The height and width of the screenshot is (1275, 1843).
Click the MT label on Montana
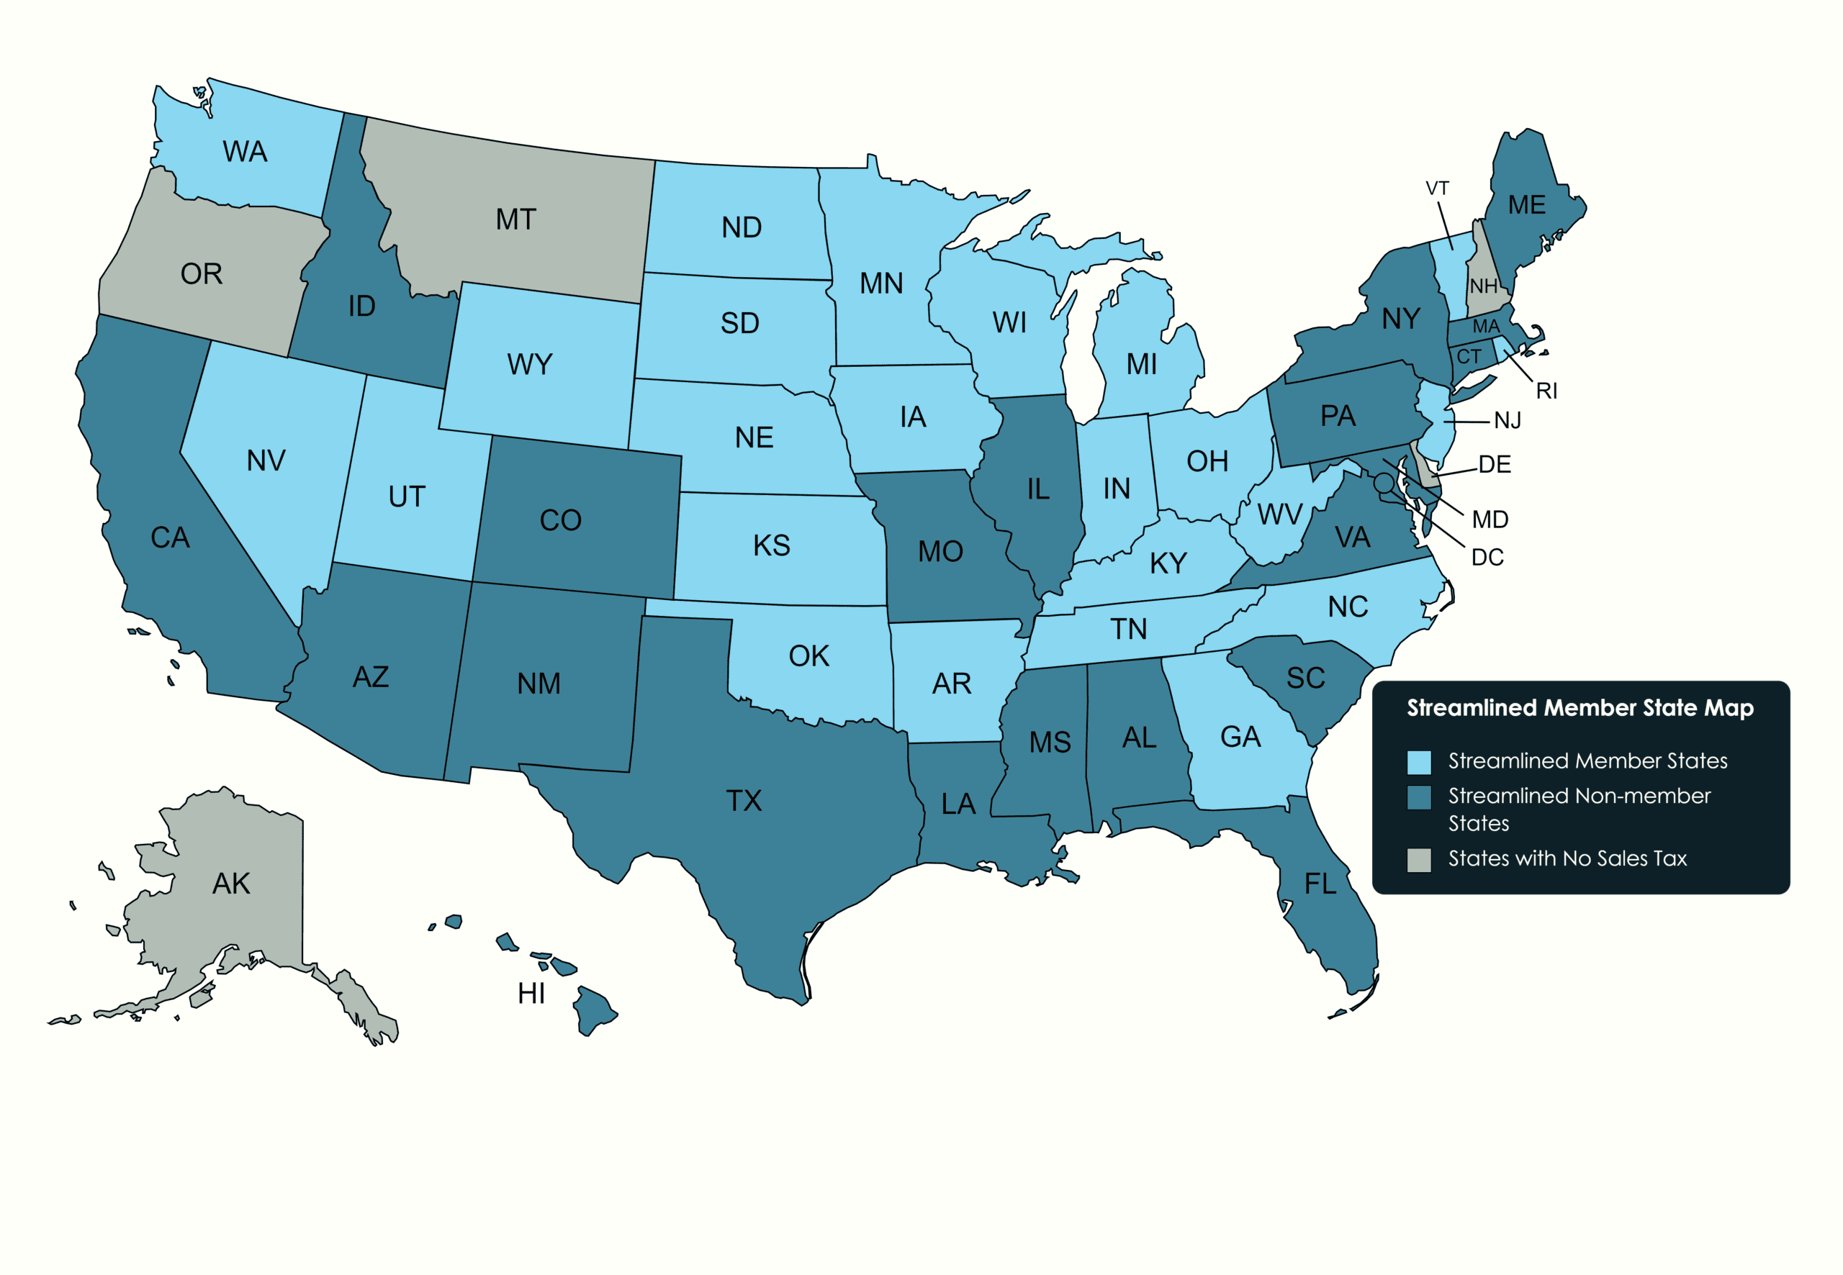[515, 219]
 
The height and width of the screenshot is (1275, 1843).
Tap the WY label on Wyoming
[529, 364]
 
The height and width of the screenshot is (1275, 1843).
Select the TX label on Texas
[743, 800]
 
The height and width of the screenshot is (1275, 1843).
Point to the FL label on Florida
[1320, 884]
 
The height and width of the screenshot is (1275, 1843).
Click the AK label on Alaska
[231, 884]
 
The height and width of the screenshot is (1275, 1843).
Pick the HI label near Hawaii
[531, 993]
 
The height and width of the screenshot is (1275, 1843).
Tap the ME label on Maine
[1526, 205]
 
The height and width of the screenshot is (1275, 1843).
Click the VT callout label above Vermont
[1436, 189]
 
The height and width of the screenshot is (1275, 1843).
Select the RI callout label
[1546, 391]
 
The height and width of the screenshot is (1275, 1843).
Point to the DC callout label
[1487, 557]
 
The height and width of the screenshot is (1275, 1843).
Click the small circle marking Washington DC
[1383, 483]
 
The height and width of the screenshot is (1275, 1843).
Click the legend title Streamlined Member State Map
[1580, 708]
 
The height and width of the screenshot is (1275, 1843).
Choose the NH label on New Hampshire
[1482, 285]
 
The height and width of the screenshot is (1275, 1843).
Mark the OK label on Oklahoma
[808, 656]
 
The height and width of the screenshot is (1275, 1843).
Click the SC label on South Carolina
[1305, 679]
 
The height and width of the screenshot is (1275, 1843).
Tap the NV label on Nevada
[266, 460]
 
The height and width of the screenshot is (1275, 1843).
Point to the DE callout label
[1494, 464]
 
